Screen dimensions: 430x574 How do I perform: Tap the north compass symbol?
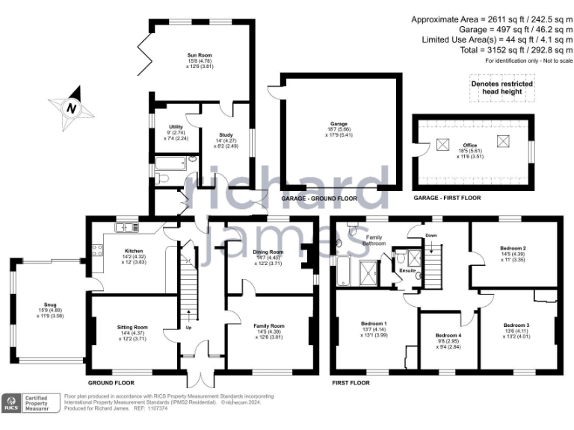(72, 108)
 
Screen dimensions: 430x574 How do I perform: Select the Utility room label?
(176, 128)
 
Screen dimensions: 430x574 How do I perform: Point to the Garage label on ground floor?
(340, 125)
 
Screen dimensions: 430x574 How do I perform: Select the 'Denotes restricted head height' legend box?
(502, 88)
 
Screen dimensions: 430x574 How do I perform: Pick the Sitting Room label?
(133, 327)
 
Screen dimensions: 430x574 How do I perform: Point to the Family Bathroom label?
(374, 240)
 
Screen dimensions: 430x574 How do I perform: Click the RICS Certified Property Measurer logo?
(30, 404)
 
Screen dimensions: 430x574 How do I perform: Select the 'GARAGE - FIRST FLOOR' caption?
(447, 198)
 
